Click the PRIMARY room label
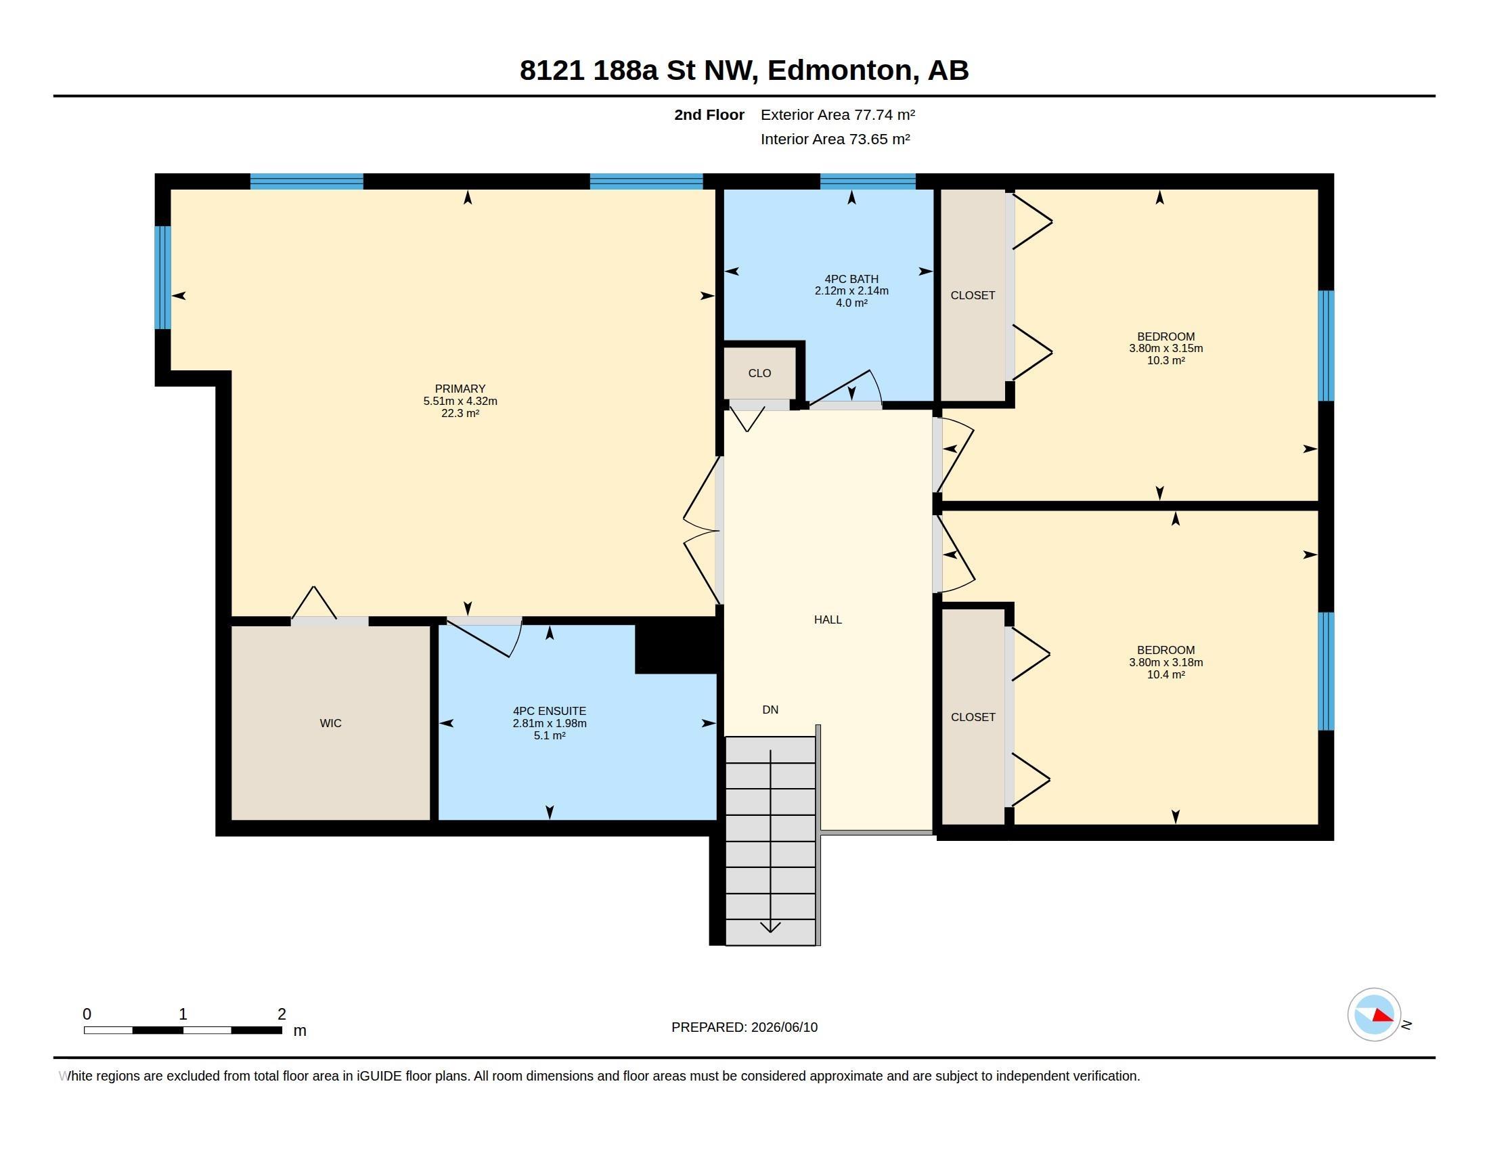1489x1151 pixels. point(460,389)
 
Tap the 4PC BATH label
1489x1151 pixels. point(851,279)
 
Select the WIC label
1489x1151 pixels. point(331,723)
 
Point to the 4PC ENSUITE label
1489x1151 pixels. point(550,710)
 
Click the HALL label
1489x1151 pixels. point(828,620)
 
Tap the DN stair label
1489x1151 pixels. point(770,710)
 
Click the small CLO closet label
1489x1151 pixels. point(759,373)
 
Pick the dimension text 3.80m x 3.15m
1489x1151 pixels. point(1166,349)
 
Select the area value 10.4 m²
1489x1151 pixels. point(1166,674)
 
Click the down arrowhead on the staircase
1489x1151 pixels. point(770,928)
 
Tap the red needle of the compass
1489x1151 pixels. point(1383,1016)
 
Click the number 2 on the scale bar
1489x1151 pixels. point(282,1014)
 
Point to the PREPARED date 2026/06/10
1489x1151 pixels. point(784,1027)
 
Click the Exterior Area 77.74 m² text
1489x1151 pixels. point(838,114)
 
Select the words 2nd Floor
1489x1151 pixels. point(709,114)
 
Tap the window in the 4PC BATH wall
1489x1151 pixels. point(867,181)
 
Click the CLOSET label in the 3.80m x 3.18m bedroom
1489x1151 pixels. point(973,717)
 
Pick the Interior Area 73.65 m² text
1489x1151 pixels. point(835,139)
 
